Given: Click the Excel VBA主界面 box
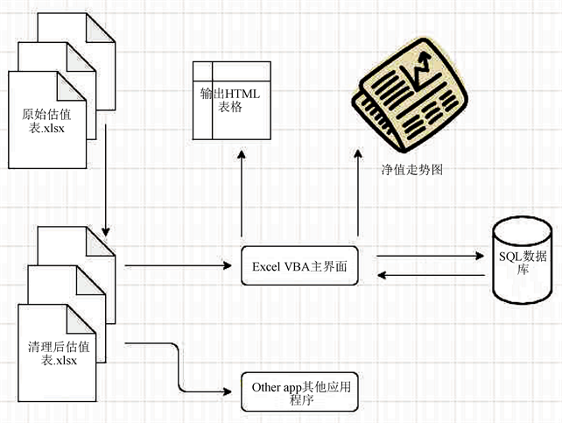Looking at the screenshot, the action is pyautogui.click(x=299, y=265).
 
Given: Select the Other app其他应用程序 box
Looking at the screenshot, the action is pyautogui.click(x=299, y=391).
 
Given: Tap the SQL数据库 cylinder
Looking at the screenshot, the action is pyautogui.click(x=523, y=260).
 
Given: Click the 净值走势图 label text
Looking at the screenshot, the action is pyautogui.click(x=412, y=170).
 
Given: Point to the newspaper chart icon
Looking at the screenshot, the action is pyautogui.click(x=410, y=95).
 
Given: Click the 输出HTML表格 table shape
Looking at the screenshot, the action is pyautogui.click(x=231, y=101).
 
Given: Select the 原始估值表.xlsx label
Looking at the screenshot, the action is pyautogui.click(x=46, y=121).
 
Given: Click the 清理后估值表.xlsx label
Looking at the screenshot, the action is pyautogui.click(x=59, y=353).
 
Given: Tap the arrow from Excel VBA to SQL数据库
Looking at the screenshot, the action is pyautogui.click(x=430, y=256).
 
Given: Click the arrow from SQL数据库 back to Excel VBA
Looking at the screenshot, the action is pyautogui.click(x=432, y=275).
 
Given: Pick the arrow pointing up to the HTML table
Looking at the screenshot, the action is pyautogui.click(x=242, y=194).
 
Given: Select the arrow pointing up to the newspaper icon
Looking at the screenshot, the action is pyautogui.click(x=358, y=194).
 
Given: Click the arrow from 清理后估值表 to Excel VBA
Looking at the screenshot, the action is pyautogui.click(x=178, y=265).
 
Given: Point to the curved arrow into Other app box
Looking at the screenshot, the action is pyautogui.click(x=179, y=368).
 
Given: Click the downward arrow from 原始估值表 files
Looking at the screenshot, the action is pyautogui.click(x=106, y=180).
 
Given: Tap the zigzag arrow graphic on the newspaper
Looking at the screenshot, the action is pyautogui.click(x=422, y=71).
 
